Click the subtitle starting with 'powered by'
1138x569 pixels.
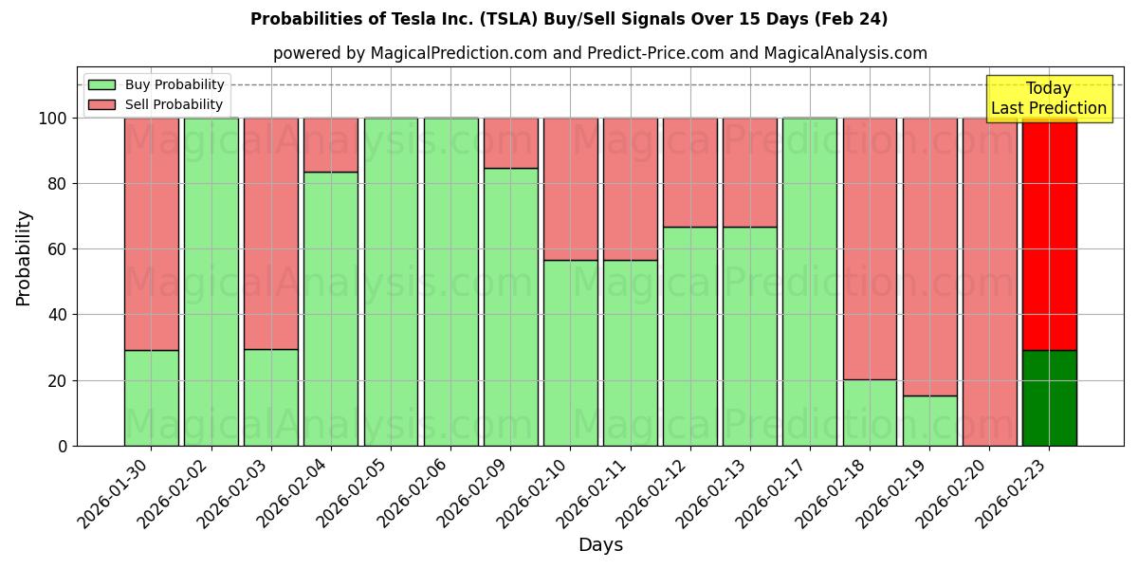(599, 53)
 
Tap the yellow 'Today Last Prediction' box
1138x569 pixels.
(1048, 99)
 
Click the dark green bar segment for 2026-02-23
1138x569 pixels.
(1049, 398)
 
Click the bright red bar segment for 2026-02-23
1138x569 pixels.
(1049, 237)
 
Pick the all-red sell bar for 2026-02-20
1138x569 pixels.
(989, 282)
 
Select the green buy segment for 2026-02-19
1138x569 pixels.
(929, 420)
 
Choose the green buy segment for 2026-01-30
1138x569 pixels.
(151, 398)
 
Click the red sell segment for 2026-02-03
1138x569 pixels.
(271, 233)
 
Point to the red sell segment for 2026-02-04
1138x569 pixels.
(331, 145)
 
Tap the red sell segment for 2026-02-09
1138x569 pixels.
(510, 143)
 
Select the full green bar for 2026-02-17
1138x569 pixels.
(810, 282)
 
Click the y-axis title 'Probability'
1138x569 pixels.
(24, 258)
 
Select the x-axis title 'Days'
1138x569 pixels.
(600, 545)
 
